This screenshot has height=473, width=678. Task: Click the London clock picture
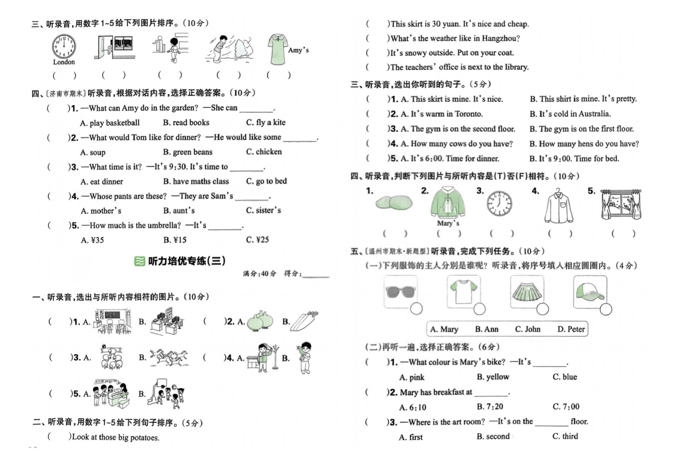tap(64, 46)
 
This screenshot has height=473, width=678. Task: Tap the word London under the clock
tap(64, 62)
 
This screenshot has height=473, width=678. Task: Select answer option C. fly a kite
tap(266, 122)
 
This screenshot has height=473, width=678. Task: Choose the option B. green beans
tap(187, 152)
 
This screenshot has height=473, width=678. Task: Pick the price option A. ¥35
tap(92, 240)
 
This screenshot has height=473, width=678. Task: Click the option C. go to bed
tap(266, 181)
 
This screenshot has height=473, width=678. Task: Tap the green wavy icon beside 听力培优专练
tap(139, 261)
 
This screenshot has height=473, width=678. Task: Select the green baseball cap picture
tap(590, 291)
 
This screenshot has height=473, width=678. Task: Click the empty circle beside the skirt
tap(542, 309)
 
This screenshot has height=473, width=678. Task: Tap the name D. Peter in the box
tap(571, 329)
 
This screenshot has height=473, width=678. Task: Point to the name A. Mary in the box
tap(444, 329)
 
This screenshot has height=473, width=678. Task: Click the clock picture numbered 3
tap(499, 204)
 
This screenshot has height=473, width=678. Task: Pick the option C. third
tap(565, 436)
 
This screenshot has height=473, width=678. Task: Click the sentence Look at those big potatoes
tap(116, 437)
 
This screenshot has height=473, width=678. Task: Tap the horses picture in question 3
tap(169, 358)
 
